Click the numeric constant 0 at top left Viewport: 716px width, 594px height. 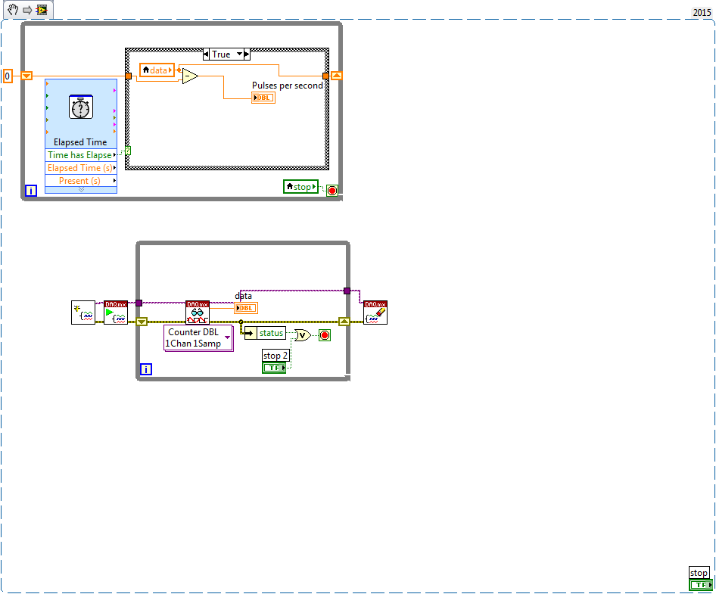click(8, 76)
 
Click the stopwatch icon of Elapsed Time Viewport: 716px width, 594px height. click(81, 109)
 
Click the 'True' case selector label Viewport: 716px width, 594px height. click(222, 54)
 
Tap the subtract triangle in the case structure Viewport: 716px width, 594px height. click(189, 76)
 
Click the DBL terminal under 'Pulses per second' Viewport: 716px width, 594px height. click(263, 98)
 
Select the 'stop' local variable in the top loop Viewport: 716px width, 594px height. click(300, 186)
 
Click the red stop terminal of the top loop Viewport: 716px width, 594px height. click(332, 191)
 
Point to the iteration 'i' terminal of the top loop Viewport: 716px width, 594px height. click(31, 191)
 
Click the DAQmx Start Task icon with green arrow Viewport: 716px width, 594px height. click(116, 313)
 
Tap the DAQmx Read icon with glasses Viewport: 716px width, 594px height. click(198, 313)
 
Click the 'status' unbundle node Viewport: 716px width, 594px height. click(270, 333)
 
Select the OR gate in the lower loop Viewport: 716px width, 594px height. click(302, 334)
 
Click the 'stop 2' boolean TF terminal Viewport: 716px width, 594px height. click(274, 368)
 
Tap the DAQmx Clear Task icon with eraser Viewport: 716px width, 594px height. click(375, 313)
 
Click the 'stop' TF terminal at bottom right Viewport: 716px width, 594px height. click(701, 585)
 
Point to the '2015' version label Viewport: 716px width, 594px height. click(702, 13)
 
